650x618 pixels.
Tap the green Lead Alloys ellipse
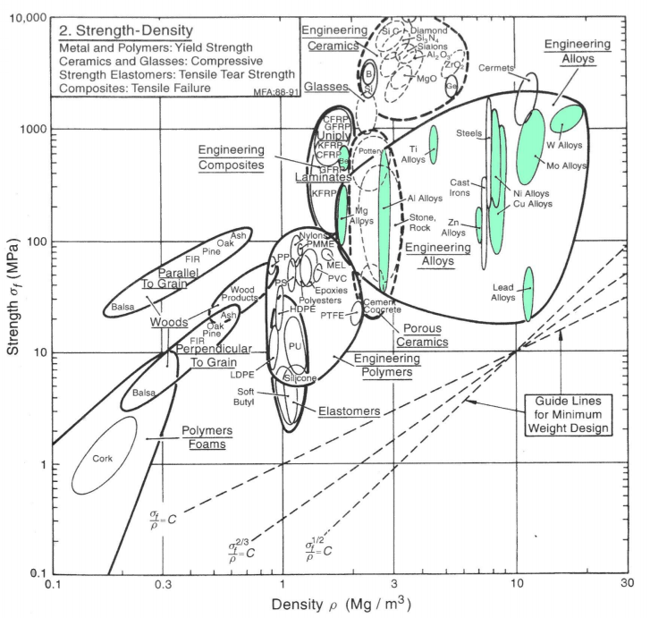pos(528,292)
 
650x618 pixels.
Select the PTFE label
pos(332,316)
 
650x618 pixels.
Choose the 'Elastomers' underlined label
pos(349,411)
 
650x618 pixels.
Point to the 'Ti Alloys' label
pos(413,155)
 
